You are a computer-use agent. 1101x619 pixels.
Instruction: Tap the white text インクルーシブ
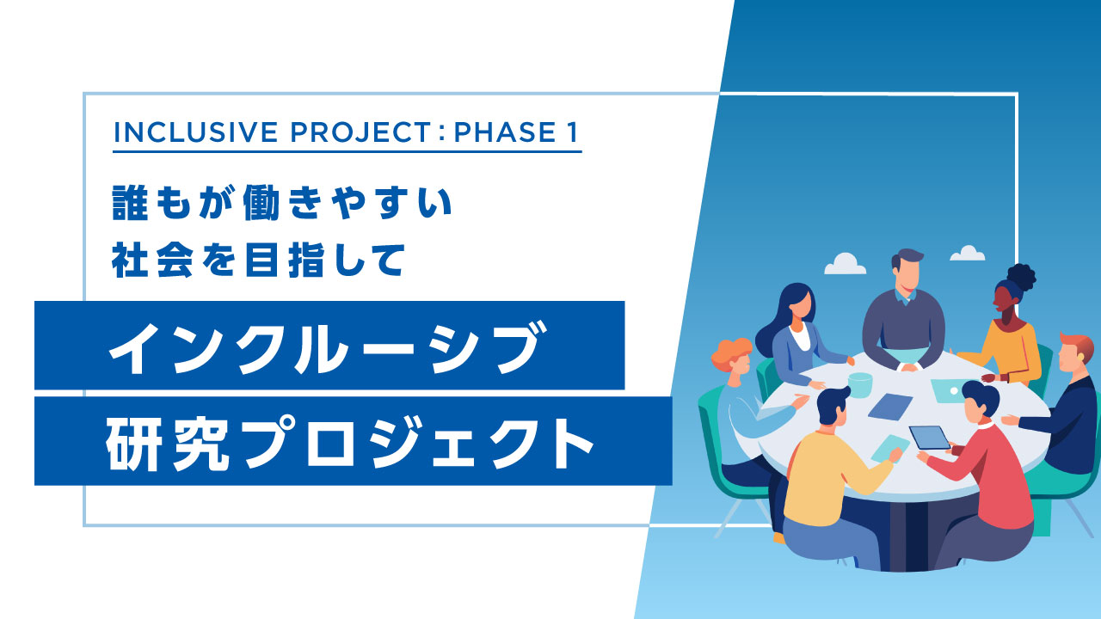pyautogui.click(x=328, y=346)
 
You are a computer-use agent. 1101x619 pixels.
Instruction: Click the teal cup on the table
pyautogui.click(x=859, y=384)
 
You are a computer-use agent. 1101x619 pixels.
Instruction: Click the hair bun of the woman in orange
pyautogui.click(x=1021, y=277)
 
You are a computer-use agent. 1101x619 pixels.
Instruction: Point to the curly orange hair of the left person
pyautogui.click(x=730, y=352)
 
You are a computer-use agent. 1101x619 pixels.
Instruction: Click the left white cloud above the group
pyautogui.click(x=845, y=264)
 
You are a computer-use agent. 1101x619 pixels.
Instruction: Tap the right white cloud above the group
pyautogui.click(x=968, y=254)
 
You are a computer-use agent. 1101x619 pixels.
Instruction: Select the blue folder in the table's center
pyautogui.click(x=889, y=406)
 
